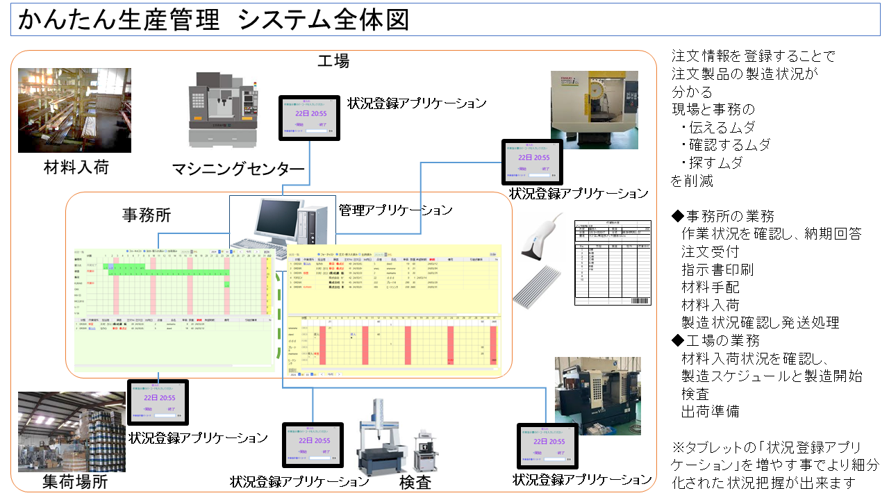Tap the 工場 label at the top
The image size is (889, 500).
tap(333, 60)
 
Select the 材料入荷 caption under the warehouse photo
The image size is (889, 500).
tap(76, 167)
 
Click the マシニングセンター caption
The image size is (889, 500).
tap(238, 169)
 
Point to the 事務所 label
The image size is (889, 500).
tap(147, 215)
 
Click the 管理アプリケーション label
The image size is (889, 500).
tap(395, 209)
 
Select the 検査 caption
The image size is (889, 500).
tap(415, 481)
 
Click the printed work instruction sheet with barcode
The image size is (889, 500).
tap(613, 262)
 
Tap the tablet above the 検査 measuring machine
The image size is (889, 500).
tap(312, 444)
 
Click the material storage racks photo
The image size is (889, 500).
tap(74, 110)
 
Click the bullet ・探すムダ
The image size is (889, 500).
tap(711, 163)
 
